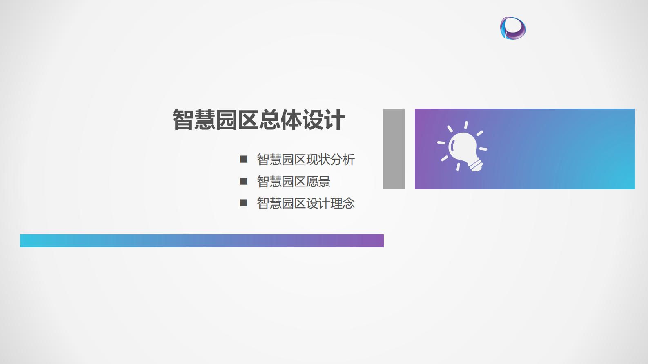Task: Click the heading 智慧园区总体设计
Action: coord(259,120)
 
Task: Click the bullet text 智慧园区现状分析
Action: coord(305,160)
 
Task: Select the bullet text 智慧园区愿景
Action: coord(293,182)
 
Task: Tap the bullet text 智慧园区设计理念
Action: coord(305,203)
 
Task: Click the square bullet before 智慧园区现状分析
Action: coord(244,159)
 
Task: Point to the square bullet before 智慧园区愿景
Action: coord(244,181)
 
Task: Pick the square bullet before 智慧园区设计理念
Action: coord(244,203)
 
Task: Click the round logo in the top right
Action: coord(513,28)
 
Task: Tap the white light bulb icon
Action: coord(463,147)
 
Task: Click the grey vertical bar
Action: coord(394,149)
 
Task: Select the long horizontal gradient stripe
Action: coord(202,241)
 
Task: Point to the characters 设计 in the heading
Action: coord(324,120)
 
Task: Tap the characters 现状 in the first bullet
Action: coord(318,160)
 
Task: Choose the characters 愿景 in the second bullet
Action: coord(318,182)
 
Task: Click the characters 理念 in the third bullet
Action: coord(343,203)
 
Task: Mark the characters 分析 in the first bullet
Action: coord(343,160)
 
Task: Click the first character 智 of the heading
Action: coord(183,120)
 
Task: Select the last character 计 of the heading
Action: coord(335,120)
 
